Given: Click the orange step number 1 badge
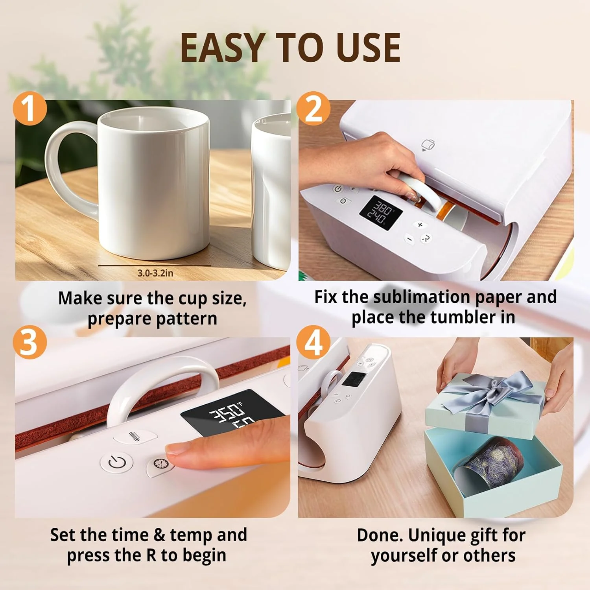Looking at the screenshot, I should [x=30, y=109].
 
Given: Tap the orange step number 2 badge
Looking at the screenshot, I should [x=313, y=109].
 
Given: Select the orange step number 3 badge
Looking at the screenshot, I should [x=30, y=342].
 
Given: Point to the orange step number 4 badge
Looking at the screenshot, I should [x=313, y=342].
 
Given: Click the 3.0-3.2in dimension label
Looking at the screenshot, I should [x=155, y=273].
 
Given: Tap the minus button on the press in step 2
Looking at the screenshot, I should [x=409, y=239].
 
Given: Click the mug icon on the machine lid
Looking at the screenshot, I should [x=428, y=145].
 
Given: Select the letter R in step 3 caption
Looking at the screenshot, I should [x=151, y=555].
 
